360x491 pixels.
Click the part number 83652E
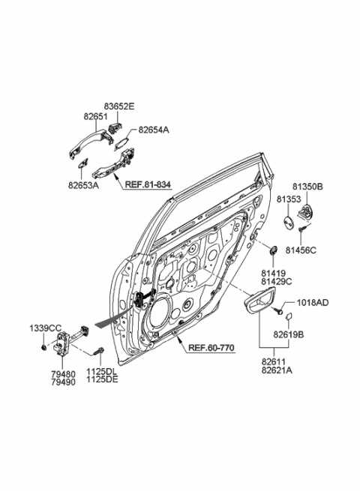pyautogui.click(x=119, y=108)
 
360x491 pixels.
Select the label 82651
pyautogui.click(x=96, y=118)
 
